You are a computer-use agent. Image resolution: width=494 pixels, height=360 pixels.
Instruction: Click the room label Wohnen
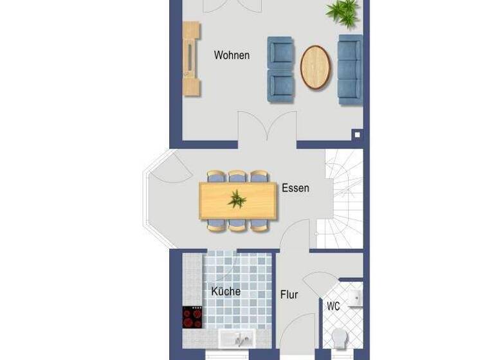[x=232, y=55]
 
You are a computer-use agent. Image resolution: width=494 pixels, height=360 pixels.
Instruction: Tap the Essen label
[x=295, y=188]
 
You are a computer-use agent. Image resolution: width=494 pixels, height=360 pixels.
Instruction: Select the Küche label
[x=226, y=291]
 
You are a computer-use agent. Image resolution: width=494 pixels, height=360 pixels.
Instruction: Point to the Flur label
[x=289, y=295]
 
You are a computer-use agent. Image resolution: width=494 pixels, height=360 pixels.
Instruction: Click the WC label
[x=333, y=307]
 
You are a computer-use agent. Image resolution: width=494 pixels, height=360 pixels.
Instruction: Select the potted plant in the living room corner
[x=344, y=12]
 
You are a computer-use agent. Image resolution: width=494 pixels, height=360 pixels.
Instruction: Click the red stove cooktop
[x=192, y=317]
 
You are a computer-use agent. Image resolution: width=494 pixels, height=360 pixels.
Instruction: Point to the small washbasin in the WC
[x=356, y=298]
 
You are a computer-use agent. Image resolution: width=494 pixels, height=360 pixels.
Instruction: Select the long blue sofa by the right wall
[x=350, y=70]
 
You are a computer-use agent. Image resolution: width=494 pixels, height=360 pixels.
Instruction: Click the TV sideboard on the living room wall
[x=191, y=59]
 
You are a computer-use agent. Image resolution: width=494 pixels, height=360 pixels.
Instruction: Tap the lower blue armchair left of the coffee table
[x=280, y=86]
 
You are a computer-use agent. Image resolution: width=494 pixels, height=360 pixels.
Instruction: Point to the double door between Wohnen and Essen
[x=268, y=129]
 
